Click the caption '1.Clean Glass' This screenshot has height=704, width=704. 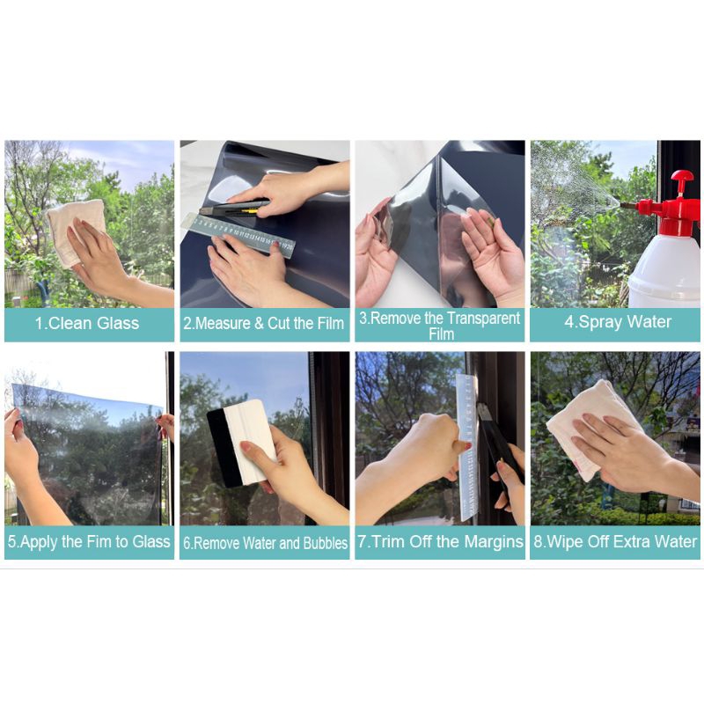(87, 323)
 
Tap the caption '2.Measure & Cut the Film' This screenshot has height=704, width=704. (263, 323)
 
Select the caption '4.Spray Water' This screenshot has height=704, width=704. (618, 322)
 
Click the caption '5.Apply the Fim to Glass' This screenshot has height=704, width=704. (89, 541)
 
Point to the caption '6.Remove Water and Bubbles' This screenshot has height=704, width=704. (265, 543)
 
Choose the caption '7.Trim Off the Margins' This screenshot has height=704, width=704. (441, 541)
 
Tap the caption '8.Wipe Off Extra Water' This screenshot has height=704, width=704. (615, 541)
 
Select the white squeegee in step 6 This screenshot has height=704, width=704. (252, 443)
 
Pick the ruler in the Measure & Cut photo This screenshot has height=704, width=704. (238, 236)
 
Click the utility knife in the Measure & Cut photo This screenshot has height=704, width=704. (234, 208)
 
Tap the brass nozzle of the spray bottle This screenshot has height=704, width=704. (628, 206)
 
